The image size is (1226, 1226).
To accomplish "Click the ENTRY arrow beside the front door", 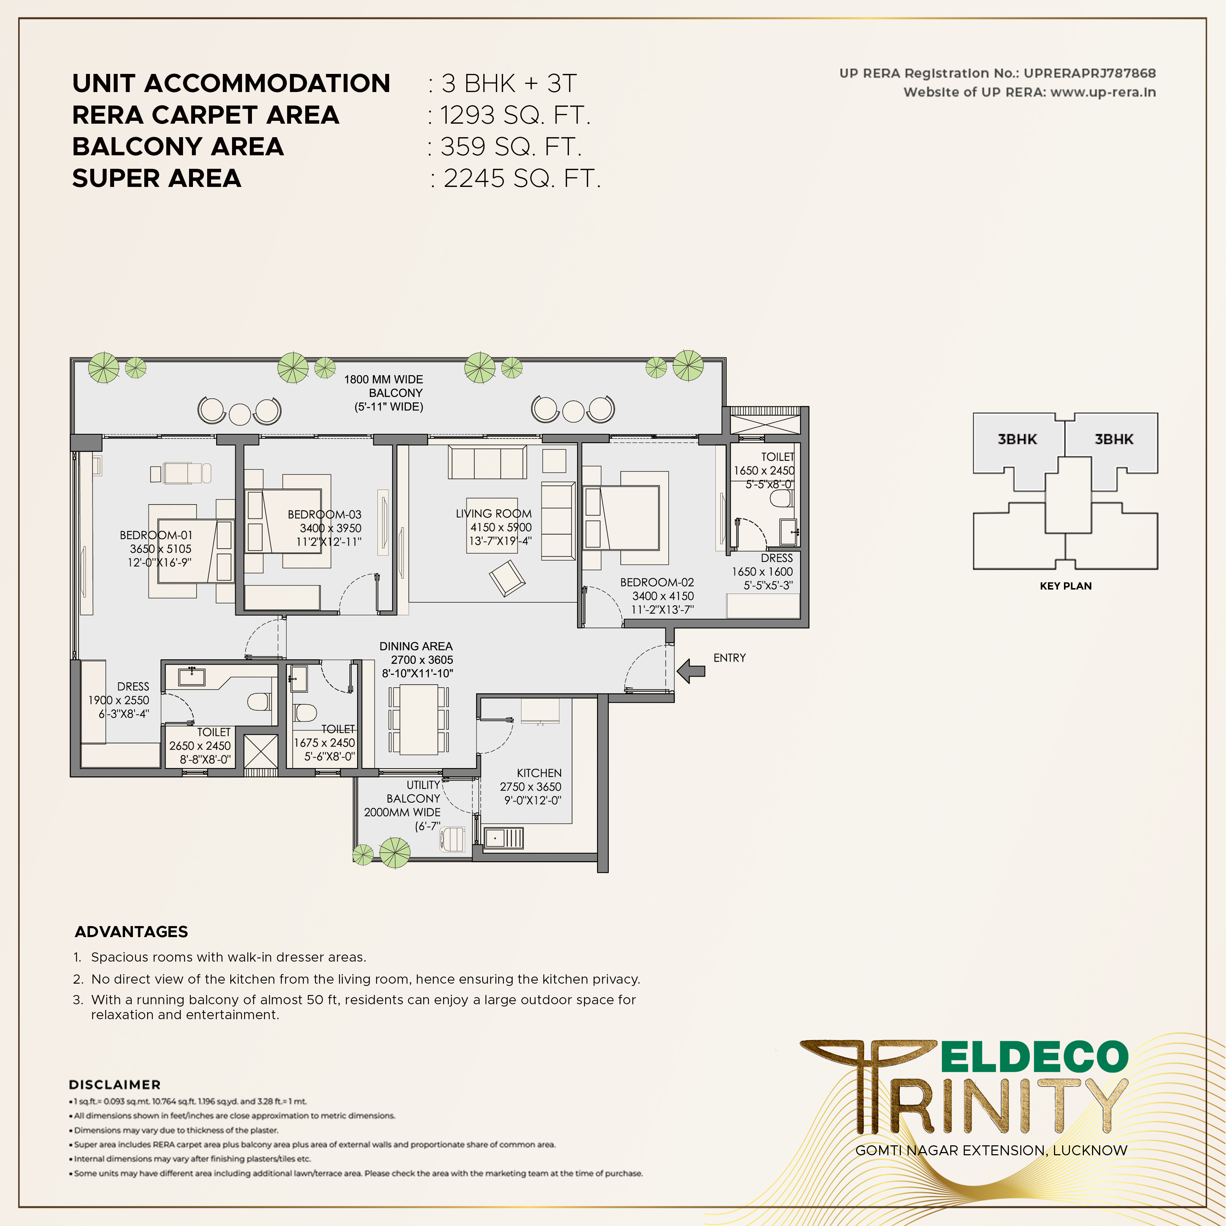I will click(691, 670).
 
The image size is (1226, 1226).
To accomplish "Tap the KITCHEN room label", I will click(539, 773).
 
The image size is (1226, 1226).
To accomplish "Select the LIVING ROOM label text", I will click(494, 513).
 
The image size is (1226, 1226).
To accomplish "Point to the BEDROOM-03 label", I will click(324, 514).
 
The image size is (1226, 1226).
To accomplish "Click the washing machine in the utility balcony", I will click(452, 839).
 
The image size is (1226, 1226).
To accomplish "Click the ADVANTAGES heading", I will click(131, 931).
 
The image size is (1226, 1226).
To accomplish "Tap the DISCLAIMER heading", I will click(115, 1085).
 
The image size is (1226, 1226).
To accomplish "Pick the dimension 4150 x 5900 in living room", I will click(501, 527).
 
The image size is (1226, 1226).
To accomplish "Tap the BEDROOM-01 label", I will click(156, 535).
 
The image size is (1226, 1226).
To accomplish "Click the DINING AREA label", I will click(416, 646).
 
